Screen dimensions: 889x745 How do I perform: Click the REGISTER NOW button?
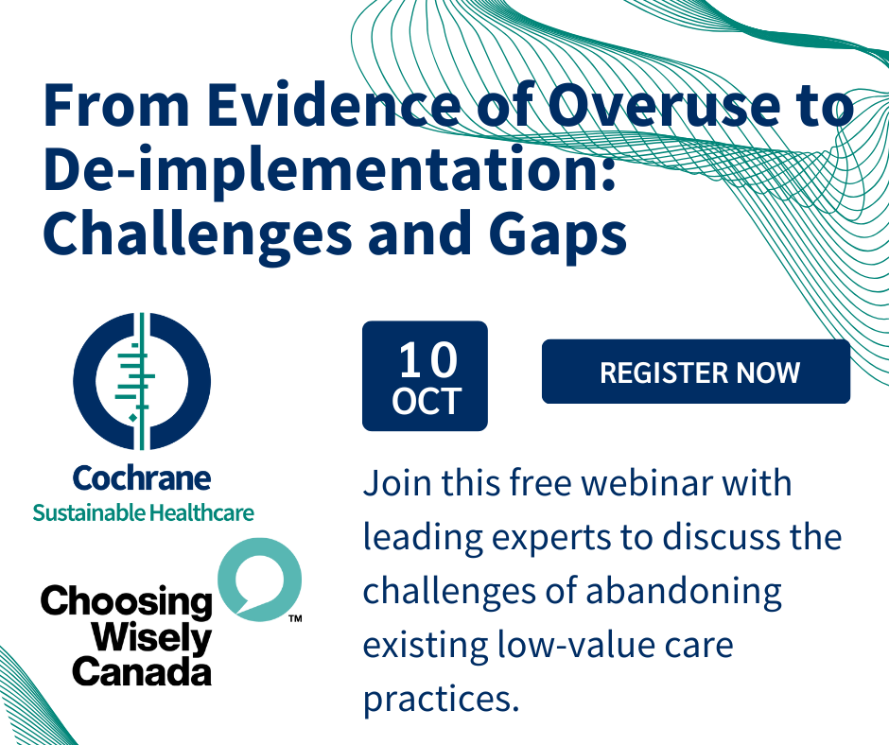(696, 372)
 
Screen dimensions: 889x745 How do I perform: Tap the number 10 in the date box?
(427, 360)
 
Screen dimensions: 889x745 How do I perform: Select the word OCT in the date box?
(427, 402)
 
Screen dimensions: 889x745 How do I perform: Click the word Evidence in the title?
(333, 105)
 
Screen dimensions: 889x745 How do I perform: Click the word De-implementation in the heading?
(329, 169)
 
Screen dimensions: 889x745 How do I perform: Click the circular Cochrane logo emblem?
(142, 380)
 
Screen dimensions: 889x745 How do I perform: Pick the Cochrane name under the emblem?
(142, 478)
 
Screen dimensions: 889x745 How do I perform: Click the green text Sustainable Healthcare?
(143, 512)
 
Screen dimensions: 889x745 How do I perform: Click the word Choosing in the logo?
(126, 603)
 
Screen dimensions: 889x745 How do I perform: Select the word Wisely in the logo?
(150, 638)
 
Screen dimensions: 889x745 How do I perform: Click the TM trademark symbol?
(295, 618)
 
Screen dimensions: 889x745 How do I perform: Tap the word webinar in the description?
(647, 483)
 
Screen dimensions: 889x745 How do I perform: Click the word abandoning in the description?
(684, 591)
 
